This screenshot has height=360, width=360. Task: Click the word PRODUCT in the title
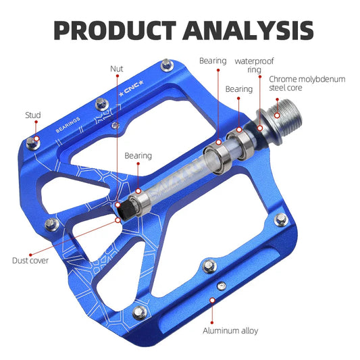tap(112, 30)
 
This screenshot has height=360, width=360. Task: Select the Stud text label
tap(33, 115)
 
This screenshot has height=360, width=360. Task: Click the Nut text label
tap(117, 68)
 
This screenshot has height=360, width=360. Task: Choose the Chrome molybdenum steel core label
tap(307, 84)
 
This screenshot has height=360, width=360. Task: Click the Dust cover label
tap(30, 260)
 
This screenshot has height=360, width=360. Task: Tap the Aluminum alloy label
tap(230, 331)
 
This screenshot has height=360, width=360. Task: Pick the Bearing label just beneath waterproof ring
tap(239, 89)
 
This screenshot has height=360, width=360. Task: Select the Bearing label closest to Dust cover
tap(138, 156)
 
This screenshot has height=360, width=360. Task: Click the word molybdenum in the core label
tap(320, 79)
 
